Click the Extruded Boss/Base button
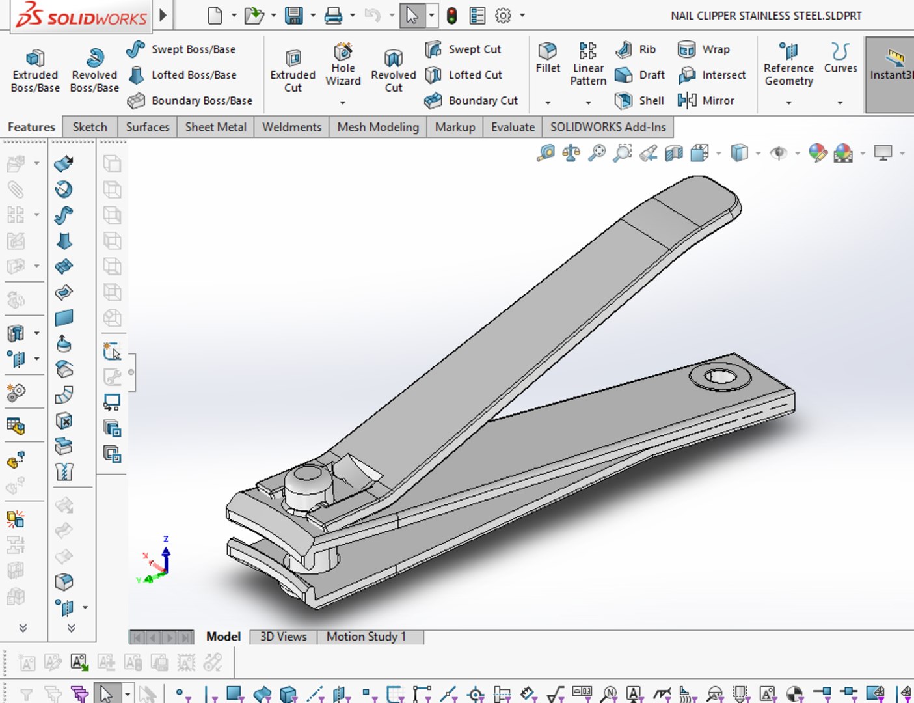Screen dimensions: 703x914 tap(35, 71)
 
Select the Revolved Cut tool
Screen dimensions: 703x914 tap(393, 71)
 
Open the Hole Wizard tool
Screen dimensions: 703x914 tap(343, 65)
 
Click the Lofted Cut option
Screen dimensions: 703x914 tap(463, 75)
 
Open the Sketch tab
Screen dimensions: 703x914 tap(90, 127)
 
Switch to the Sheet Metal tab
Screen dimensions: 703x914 tap(215, 127)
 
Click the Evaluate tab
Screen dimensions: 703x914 tap(513, 127)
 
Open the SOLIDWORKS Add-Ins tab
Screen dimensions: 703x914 tap(608, 127)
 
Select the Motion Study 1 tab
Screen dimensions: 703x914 tap(366, 637)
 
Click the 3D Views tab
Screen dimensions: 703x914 tap(283, 637)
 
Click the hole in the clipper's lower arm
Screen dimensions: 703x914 tap(719, 377)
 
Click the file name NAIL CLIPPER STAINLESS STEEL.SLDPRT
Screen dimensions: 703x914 tap(766, 16)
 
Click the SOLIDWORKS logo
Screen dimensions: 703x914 tap(81, 16)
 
